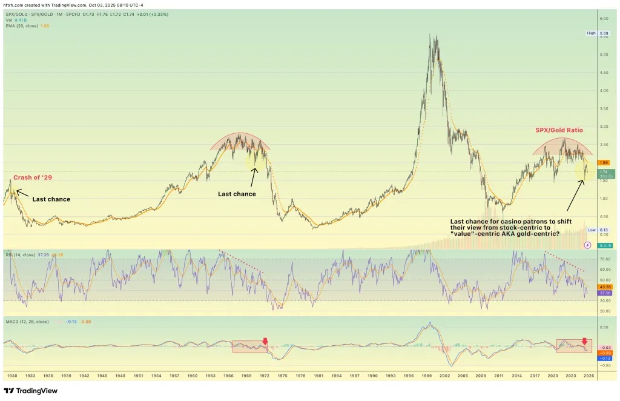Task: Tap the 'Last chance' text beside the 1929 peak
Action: coord(51,199)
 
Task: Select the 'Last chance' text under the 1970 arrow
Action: coord(237,194)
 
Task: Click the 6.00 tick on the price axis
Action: coord(604,19)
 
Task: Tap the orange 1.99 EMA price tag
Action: coord(604,162)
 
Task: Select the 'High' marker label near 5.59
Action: coord(591,33)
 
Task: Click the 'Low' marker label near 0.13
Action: coord(591,230)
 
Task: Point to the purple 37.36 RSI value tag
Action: coord(604,292)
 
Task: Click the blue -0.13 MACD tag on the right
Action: coord(604,358)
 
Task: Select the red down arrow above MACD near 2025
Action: coord(584,341)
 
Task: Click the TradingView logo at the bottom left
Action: coord(30,391)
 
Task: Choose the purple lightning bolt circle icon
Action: coord(587,245)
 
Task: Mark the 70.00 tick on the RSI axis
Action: coord(604,259)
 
